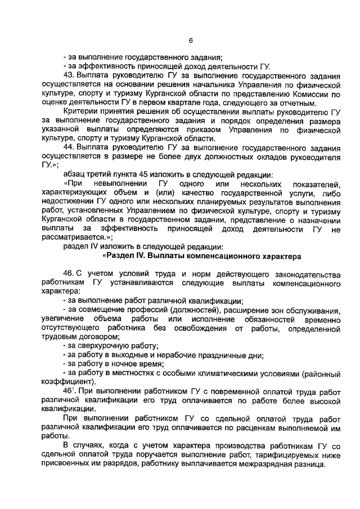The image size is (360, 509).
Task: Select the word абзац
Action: tap(75, 174)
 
